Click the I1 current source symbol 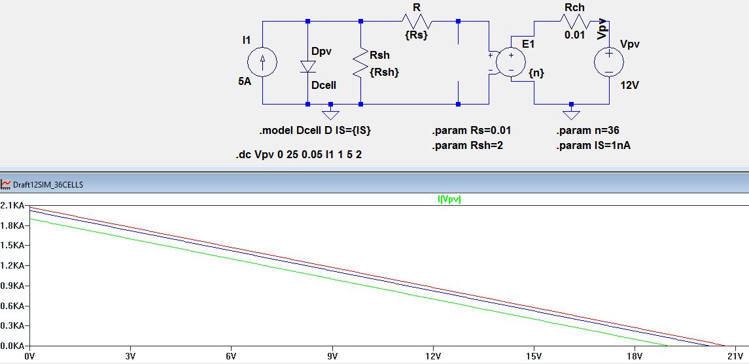262,62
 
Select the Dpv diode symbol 307,67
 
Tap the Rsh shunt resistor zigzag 360,65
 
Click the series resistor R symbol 415,21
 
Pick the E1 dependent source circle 509,62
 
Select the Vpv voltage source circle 608,62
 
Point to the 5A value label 245,82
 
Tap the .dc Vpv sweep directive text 298,156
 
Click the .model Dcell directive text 316,131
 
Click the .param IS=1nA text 593,146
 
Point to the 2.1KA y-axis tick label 12,206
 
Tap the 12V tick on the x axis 432,356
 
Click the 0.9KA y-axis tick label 12,286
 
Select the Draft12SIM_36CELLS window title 48,185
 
